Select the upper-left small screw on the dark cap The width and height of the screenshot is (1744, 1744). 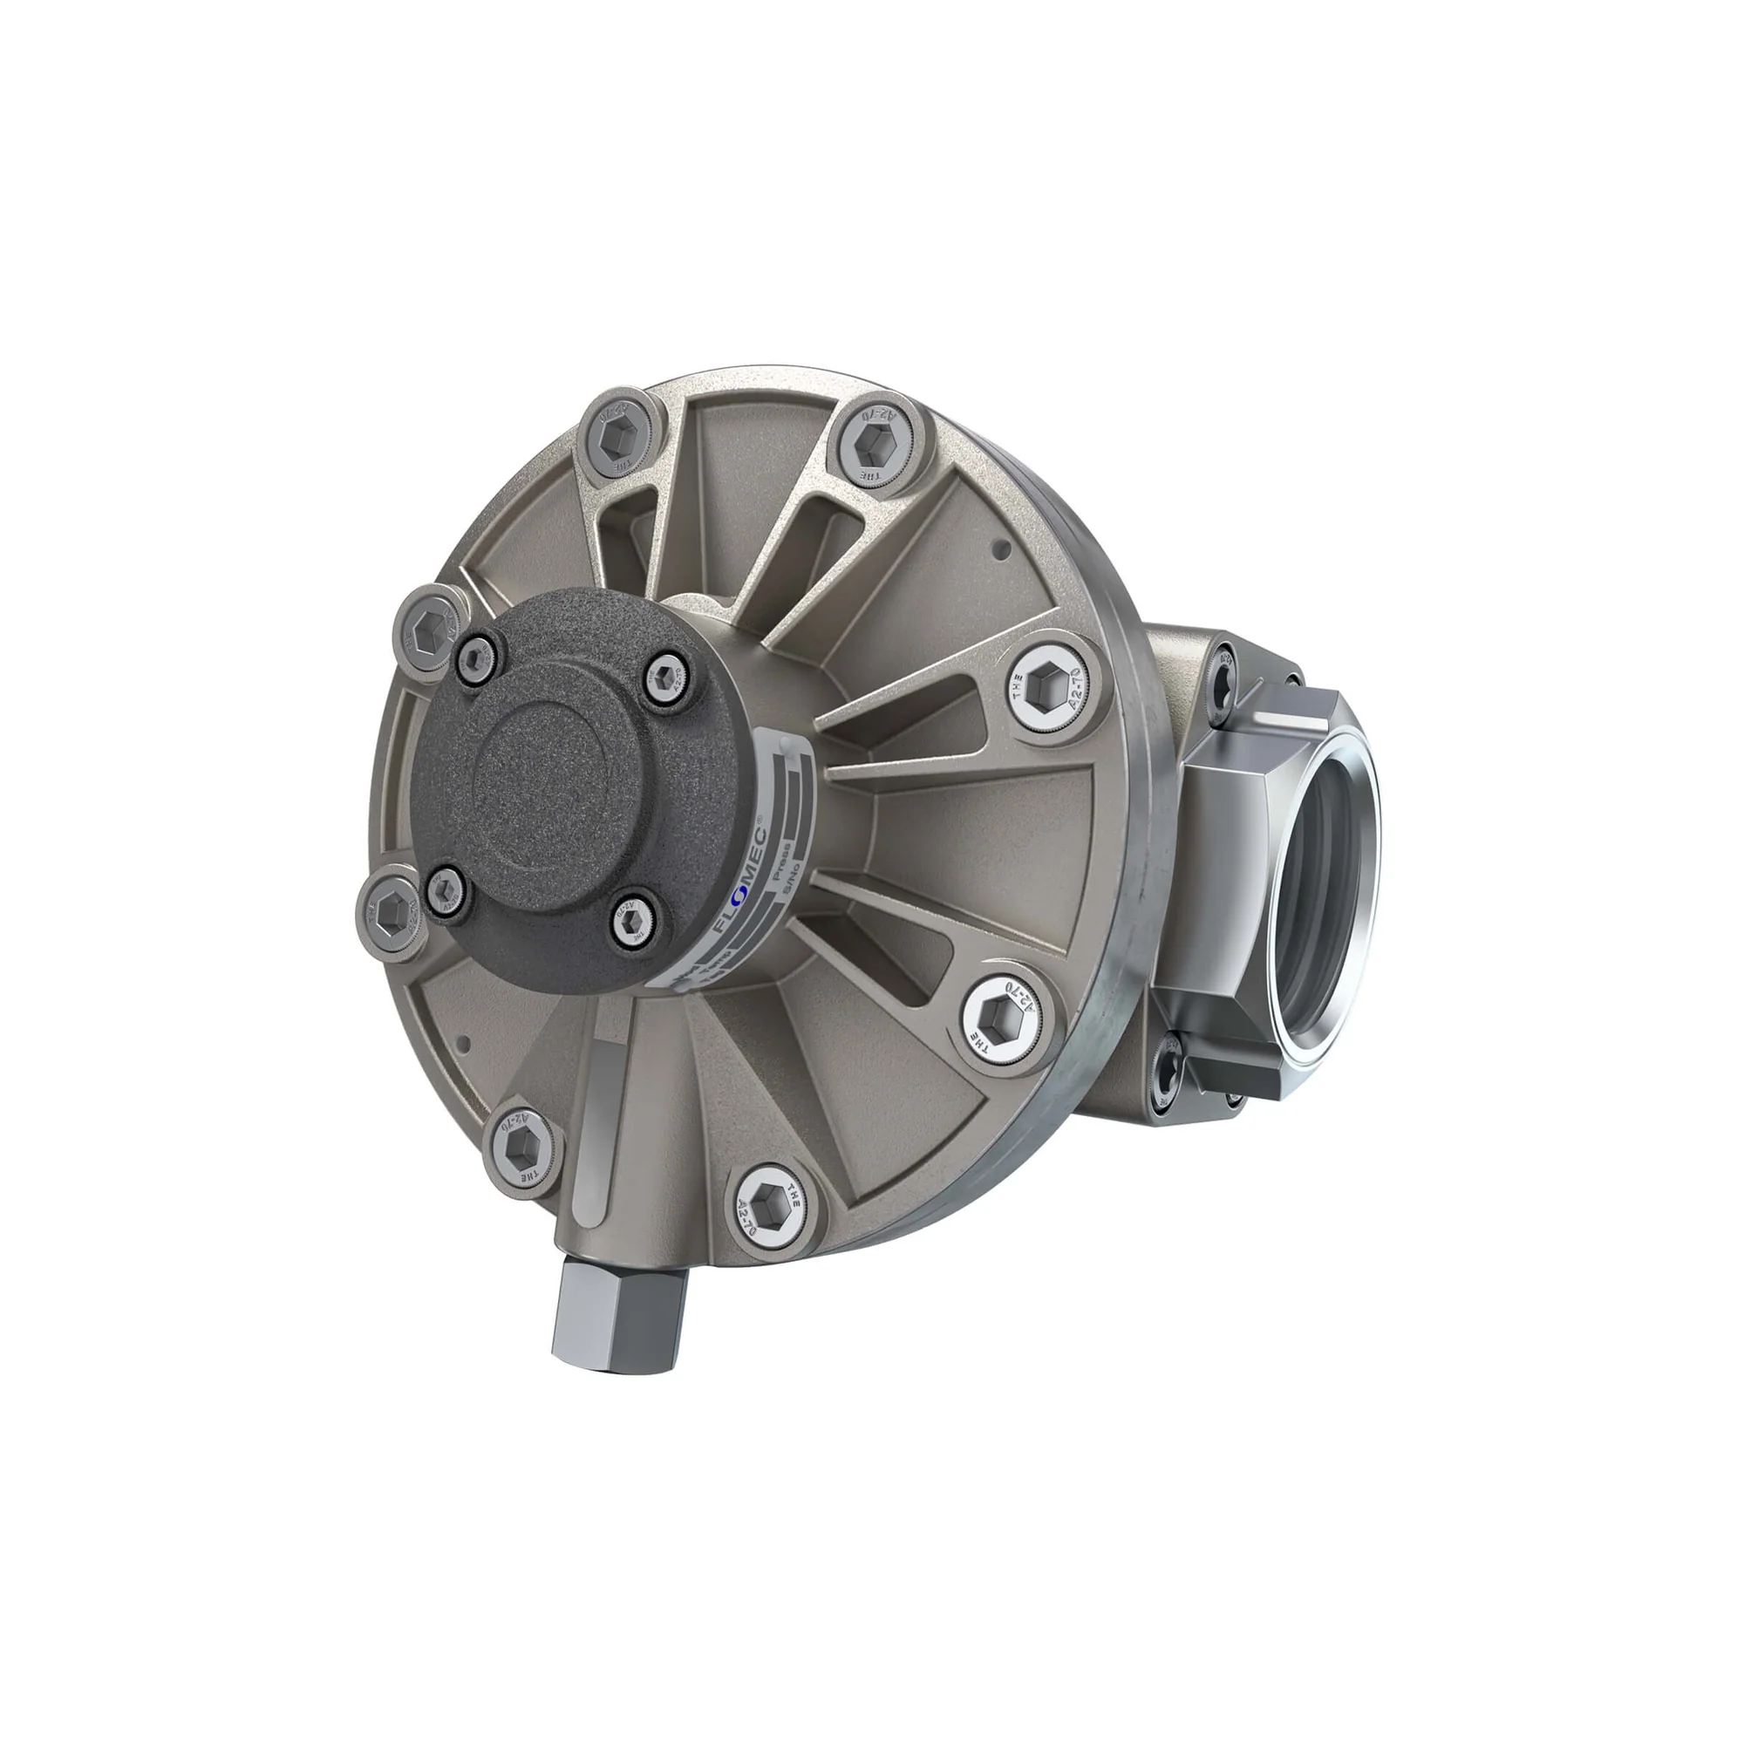476,651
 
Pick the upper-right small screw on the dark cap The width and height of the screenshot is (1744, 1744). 666,676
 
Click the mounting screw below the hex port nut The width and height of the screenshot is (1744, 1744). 1173,1071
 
